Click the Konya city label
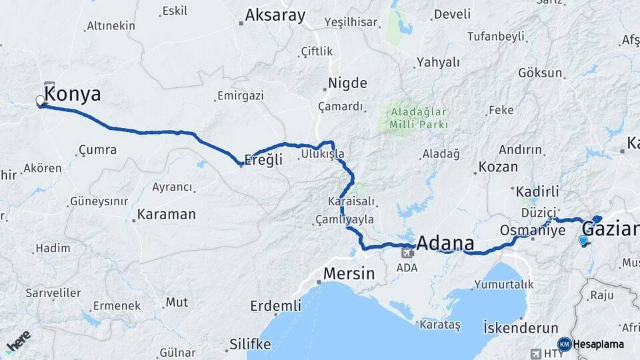click(73, 94)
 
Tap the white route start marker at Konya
click(40, 101)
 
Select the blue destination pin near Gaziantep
click(583, 241)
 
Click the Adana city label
click(446, 242)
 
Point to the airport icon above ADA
click(407, 252)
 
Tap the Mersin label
click(349, 273)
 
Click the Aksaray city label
click(275, 15)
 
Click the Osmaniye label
click(533, 230)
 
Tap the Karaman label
click(166, 215)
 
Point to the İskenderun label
click(520, 327)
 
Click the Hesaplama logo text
click(599, 344)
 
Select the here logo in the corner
click(18, 340)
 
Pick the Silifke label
click(250, 344)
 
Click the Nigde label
click(347, 83)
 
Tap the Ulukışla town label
click(323, 154)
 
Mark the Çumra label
click(97, 149)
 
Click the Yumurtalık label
click(503, 284)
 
